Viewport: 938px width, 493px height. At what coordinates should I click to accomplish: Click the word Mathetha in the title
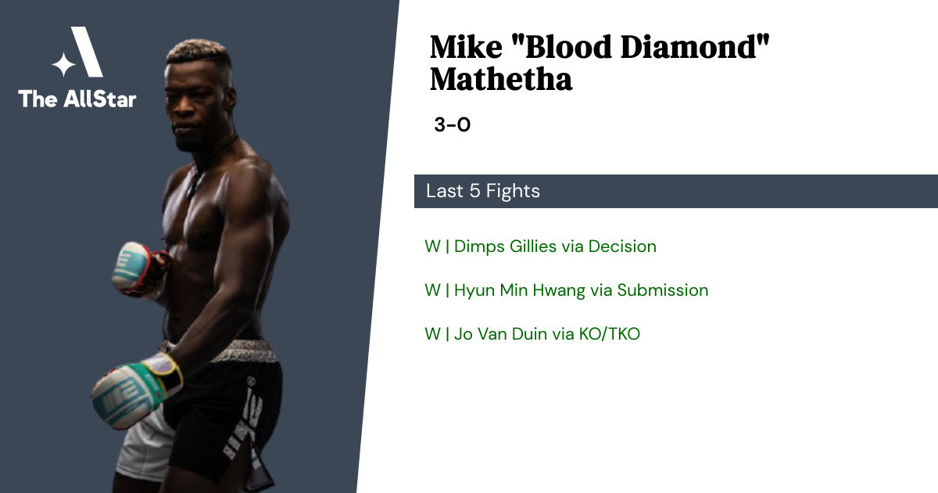click(501, 79)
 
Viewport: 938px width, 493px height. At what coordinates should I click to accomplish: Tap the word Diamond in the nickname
click(695, 46)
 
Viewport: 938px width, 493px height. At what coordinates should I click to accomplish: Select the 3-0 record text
click(453, 124)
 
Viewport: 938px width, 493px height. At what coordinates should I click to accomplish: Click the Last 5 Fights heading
click(483, 191)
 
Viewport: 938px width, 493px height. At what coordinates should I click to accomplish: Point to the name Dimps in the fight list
click(479, 246)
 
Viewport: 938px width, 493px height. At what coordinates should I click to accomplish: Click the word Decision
click(622, 246)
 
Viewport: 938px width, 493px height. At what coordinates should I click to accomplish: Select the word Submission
click(663, 290)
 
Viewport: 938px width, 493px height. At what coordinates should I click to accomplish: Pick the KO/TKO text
click(609, 334)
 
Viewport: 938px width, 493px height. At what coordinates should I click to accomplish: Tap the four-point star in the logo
click(63, 64)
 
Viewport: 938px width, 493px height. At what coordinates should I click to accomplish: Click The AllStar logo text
click(77, 99)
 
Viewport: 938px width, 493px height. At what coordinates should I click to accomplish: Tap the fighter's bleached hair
click(198, 51)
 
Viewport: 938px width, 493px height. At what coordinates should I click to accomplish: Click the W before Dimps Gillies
click(432, 246)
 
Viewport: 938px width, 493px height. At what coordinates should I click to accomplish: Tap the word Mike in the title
click(466, 46)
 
